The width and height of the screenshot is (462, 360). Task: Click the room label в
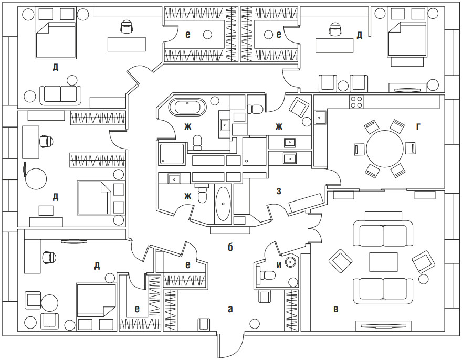pyautogui.click(x=335, y=309)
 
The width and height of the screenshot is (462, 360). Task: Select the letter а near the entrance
pyautogui.click(x=230, y=309)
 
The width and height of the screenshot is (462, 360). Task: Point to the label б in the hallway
pyautogui.click(x=230, y=247)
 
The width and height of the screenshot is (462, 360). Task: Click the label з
pyautogui.click(x=279, y=192)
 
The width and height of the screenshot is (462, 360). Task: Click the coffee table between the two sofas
pyautogui.click(x=383, y=261)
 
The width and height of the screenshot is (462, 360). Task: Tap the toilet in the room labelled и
pyautogui.click(x=268, y=274)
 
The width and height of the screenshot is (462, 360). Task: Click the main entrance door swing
pyautogui.click(x=230, y=346)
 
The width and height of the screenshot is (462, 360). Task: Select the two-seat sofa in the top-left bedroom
pyautogui.click(x=61, y=94)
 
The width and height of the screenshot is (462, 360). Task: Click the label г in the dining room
pyautogui.click(x=418, y=126)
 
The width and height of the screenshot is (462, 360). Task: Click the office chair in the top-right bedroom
pyautogui.click(x=334, y=30)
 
